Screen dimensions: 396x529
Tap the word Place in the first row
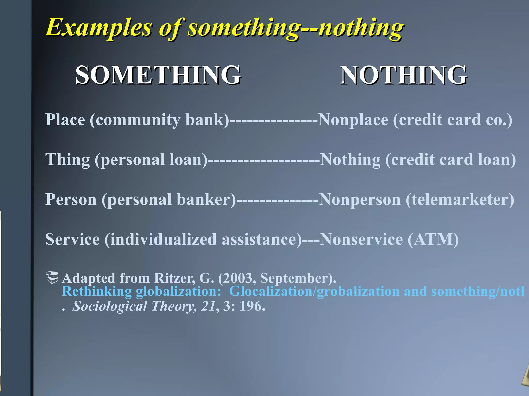[x=65, y=120]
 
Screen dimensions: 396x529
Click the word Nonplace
[x=353, y=120]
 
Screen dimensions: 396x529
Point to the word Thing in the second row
[x=67, y=160]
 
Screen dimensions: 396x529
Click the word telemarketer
[x=460, y=200]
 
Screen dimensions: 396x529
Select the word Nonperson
[x=360, y=200]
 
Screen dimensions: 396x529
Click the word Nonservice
[x=361, y=239]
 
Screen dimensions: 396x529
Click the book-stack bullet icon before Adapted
[x=52, y=278]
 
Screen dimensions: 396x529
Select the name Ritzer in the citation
[x=175, y=278]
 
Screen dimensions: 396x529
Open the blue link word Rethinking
[x=97, y=292]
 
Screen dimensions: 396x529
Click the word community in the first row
[x=138, y=120]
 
